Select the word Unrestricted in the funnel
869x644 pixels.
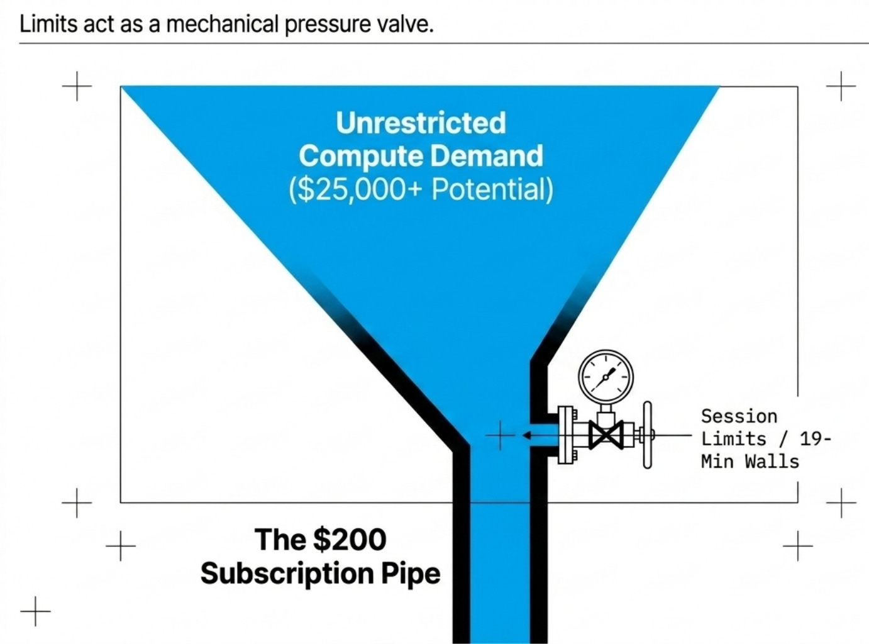click(x=421, y=123)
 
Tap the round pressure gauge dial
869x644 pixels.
click(x=606, y=376)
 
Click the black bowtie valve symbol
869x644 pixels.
click(x=606, y=435)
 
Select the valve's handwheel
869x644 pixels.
click(x=647, y=435)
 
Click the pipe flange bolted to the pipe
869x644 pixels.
click(x=567, y=435)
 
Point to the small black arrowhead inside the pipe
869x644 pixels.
click(x=526, y=435)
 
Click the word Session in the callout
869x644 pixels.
click(x=739, y=416)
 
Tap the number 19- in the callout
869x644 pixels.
click(x=816, y=438)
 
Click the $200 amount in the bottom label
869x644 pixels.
click(x=350, y=540)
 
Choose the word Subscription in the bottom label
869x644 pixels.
click(x=287, y=573)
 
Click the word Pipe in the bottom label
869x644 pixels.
click(x=411, y=573)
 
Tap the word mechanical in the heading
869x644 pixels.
click(x=222, y=24)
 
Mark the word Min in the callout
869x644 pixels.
click(x=717, y=461)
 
